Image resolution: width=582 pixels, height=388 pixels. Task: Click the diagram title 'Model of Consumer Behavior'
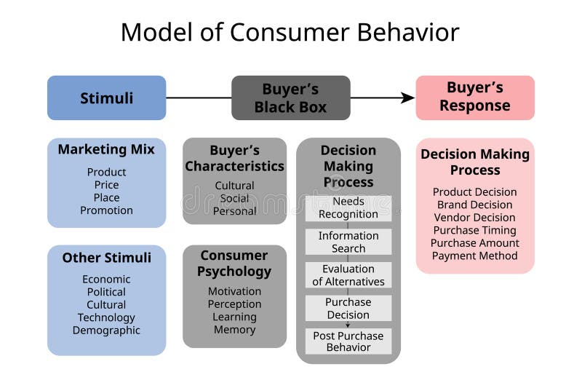pyautogui.click(x=290, y=33)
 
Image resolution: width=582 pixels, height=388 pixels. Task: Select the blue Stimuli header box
pyautogui.click(x=107, y=98)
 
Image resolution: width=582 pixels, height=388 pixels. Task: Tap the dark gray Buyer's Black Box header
pyautogui.click(x=290, y=98)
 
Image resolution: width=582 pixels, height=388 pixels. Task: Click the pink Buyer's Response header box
pyautogui.click(x=474, y=98)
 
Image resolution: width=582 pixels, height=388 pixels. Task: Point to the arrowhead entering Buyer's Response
pyautogui.click(x=408, y=98)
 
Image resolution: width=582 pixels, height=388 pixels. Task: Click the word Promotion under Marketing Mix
pyautogui.click(x=106, y=210)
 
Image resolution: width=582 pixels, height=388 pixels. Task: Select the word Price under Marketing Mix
pyautogui.click(x=106, y=185)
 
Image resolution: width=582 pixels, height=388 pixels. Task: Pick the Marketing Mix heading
pyautogui.click(x=106, y=149)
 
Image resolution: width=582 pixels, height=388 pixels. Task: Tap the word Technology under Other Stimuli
pyautogui.click(x=106, y=317)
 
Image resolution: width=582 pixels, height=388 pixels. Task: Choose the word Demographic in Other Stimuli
pyautogui.click(x=106, y=330)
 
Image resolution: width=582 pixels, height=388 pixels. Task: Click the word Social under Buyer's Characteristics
pyautogui.click(x=234, y=198)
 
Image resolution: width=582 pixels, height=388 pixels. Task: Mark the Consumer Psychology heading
pyautogui.click(x=234, y=264)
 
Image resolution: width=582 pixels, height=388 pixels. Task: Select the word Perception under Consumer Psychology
pyautogui.click(x=234, y=304)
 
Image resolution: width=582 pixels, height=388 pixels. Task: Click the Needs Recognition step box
pyautogui.click(x=348, y=208)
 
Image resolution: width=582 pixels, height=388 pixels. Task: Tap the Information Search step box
pyautogui.click(x=348, y=242)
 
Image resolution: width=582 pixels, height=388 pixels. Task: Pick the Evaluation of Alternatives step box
pyautogui.click(x=348, y=275)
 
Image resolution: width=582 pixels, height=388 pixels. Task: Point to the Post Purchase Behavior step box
pyautogui.click(x=348, y=341)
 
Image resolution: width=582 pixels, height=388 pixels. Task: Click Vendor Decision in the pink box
pyautogui.click(x=474, y=218)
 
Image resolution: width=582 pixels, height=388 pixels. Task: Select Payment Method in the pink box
pyautogui.click(x=474, y=256)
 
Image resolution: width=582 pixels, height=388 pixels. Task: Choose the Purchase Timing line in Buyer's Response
pyautogui.click(x=474, y=230)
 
